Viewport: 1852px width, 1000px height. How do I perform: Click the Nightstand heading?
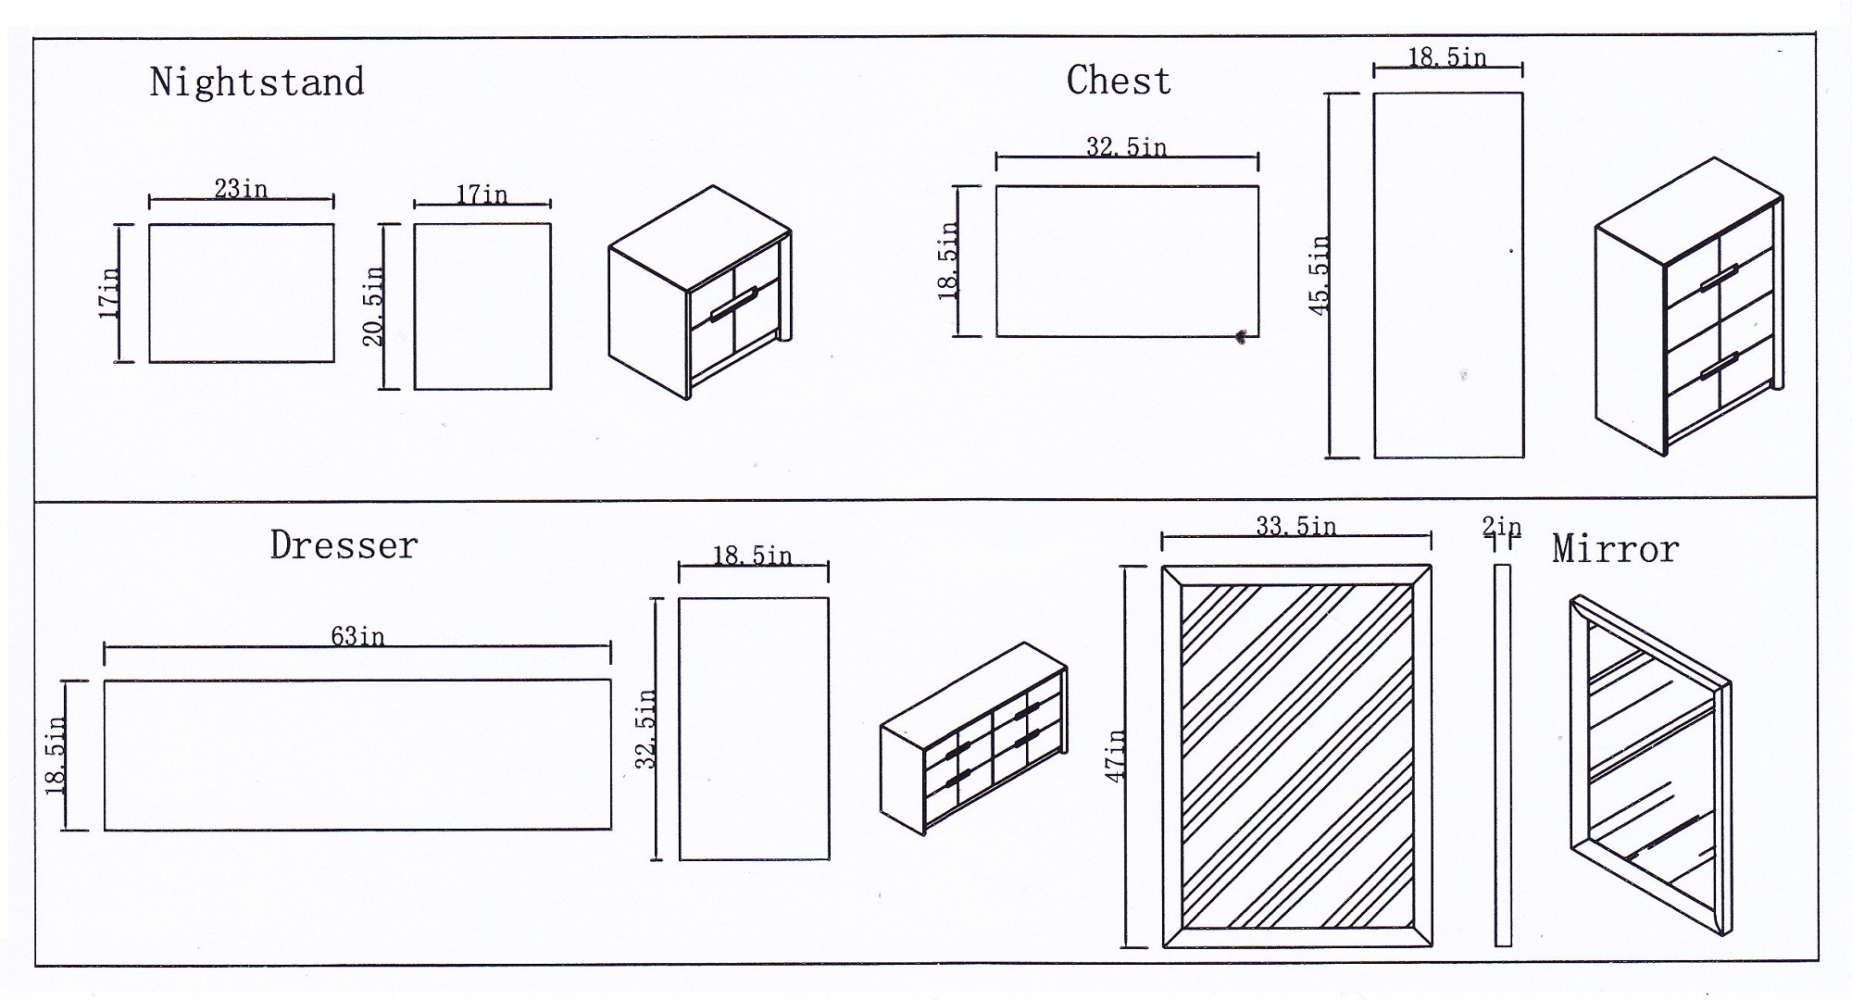(257, 83)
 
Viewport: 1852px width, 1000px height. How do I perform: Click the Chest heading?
(1119, 81)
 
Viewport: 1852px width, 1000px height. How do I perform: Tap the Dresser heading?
(344, 545)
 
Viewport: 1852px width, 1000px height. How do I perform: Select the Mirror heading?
(1615, 549)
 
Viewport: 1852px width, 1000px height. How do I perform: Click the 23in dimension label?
(241, 189)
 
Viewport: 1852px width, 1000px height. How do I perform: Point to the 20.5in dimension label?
(373, 306)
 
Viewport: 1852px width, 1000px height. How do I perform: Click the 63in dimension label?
(357, 636)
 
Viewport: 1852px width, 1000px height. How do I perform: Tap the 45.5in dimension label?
(1320, 275)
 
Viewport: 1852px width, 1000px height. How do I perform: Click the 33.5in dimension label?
(1295, 526)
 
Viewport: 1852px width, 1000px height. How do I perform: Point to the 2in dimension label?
(1501, 527)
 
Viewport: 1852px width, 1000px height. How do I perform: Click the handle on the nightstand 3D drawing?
(733, 305)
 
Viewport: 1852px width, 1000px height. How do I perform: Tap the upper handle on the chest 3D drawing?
(1719, 278)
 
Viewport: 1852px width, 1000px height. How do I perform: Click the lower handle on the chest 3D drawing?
(1719, 367)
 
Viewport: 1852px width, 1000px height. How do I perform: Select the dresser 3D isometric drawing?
(972, 738)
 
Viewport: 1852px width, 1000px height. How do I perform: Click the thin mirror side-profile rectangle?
(1503, 755)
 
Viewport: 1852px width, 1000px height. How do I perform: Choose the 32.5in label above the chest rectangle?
(1126, 147)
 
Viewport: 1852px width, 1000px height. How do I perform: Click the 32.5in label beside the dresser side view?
(646, 730)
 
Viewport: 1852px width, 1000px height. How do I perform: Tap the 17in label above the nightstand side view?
(482, 194)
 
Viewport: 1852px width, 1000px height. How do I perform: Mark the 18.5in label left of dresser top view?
(56, 756)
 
